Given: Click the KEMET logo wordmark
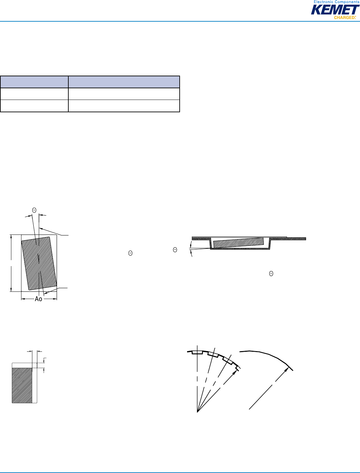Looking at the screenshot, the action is [x=335, y=10].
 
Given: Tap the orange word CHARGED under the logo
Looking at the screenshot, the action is [x=344, y=17].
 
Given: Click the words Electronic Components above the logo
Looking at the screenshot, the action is [x=336, y=2].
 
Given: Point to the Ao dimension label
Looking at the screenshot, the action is [x=38, y=299].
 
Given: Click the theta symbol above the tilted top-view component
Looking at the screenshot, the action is [x=34, y=210].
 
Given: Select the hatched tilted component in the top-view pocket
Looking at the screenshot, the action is [x=39, y=263].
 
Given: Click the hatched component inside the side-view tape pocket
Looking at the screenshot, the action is [x=238, y=242].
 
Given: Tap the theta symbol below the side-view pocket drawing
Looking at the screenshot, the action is [x=271, y=274].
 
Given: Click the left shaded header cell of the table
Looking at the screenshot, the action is [x=34, y=82].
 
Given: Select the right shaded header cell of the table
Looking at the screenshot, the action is [x=124, y=82].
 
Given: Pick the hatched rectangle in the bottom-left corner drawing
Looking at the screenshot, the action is [x=22, y=385].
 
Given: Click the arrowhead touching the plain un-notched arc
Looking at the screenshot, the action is [x=287, y=369].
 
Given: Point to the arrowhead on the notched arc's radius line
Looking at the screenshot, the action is [x=234, y=373].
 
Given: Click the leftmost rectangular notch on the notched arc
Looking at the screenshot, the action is [x=197, y=352].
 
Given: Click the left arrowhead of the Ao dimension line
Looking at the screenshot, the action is [x=23, y=299].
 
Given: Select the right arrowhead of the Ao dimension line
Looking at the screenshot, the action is [x=55, y=299].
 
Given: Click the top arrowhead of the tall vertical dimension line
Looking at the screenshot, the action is [x=11, y=237].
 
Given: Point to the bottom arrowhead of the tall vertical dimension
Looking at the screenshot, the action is [x=11, y=289].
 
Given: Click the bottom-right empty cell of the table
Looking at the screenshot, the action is [x=124, y=106].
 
